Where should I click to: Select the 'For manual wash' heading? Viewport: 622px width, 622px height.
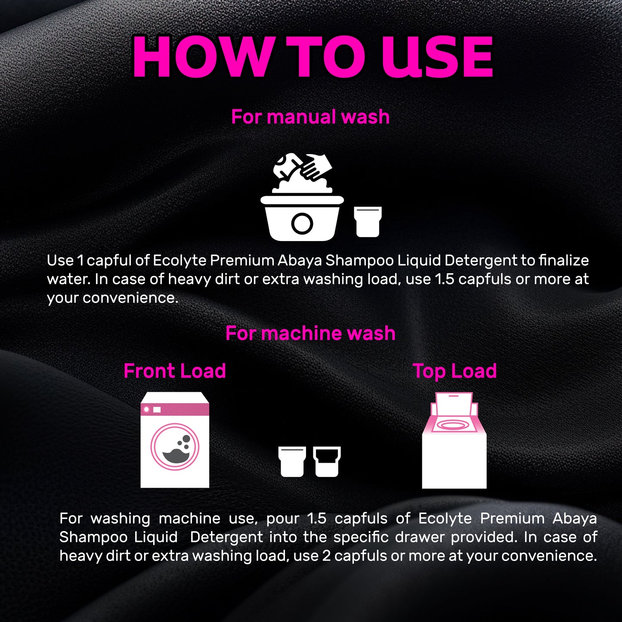pyautogui.click(x=310, y=117)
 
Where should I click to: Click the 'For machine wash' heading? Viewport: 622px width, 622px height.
pyautogui.click(x=310, y=333)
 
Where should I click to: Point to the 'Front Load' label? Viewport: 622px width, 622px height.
pyautogui.click(x=174, y=371)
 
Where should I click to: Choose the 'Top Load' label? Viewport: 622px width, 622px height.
pyautogui.click(x=455, y=371)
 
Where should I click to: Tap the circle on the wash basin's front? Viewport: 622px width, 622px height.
pyautogui.click(x=302, y=223)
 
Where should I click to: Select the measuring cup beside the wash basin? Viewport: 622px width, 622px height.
pyautogui.click(x=368, y=221)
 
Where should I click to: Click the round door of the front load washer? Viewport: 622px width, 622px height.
pyautogui.click(x=175, y=446)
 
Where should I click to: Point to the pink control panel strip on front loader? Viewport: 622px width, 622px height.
pyautogui.click(x=175, y=409)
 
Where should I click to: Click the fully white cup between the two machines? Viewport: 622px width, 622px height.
pyautogui.click(x=292, y=461)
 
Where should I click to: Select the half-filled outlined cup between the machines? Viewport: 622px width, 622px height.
pyautogui.click(x=327, y=461)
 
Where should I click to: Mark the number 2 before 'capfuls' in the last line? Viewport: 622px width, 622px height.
pyautogui.click(x=326, y=556)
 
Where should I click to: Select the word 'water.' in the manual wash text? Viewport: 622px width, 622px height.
pyautogui.click(x=68, y=279)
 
